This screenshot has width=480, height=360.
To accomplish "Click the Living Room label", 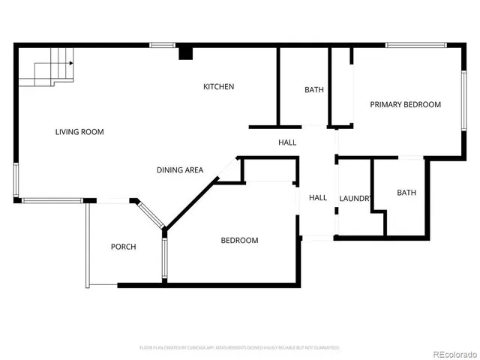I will [x=79, y=132].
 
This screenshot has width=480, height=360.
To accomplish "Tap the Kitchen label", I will [x=219, y=87].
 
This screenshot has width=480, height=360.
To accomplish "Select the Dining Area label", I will [x=180, y=170].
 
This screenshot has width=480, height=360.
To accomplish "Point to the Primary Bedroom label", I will [x=405, y=105].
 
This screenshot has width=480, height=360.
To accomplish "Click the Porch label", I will [x=123, y=247].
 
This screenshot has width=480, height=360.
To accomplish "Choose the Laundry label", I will [x=355, y=199].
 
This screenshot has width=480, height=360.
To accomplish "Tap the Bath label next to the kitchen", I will [x=314, y=90].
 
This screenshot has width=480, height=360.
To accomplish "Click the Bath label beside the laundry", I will [x=406, y=193].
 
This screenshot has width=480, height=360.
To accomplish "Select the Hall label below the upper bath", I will [x=287, y=142].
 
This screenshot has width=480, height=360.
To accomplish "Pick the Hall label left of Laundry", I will [x=318, y=198].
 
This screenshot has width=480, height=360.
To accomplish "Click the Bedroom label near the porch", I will [x=239, y=241].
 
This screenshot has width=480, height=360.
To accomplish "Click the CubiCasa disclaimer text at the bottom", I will [x=239, y=348].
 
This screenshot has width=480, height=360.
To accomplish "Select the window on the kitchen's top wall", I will [x=162, y=45].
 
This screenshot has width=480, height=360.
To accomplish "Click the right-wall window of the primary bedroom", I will [x=464, y=97].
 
